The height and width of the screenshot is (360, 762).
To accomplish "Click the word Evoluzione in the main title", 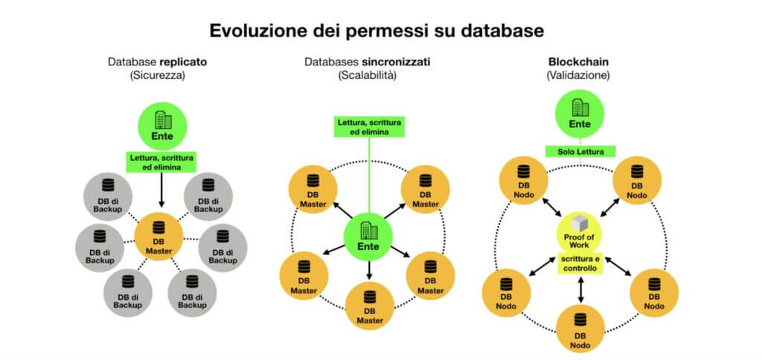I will (x=252, y=30).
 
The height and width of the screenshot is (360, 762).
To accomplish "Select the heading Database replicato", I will (x=156, y=62).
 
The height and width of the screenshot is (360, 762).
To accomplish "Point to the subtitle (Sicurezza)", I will (x=156, y=75).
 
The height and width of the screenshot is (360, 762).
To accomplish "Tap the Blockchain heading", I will (x=580, y=62).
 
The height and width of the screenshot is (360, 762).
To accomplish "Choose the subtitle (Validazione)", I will (x=580, y=75).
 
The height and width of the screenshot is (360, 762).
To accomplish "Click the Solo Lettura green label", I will (x=580, y=151).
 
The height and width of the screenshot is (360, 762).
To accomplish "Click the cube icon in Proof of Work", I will (x=580, y=222).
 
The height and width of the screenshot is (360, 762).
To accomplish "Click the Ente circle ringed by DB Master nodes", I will (x=368, y=237).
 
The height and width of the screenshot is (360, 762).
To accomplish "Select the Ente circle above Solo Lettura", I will (x=580, y=117).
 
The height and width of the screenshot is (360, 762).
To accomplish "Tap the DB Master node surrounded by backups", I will (x=159, y=241).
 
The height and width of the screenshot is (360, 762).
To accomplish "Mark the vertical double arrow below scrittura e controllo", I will (x=580, y=289).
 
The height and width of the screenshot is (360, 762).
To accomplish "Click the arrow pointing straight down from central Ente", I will (x=369, y=270).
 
